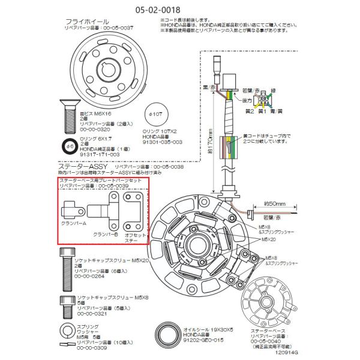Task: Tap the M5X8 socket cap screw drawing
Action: [x=64, y=305]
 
